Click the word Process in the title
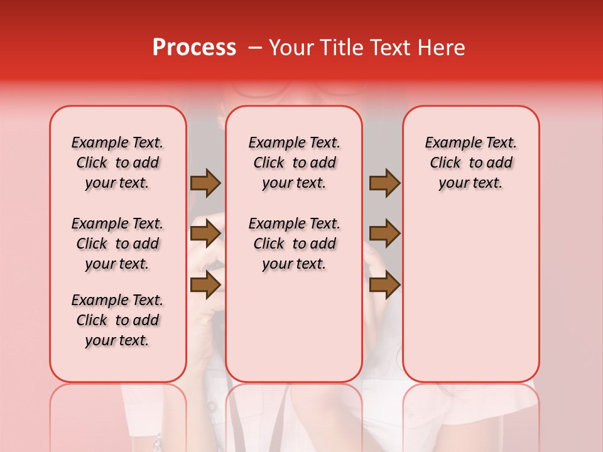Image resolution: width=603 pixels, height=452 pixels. pyautogui.click(x=194, y=48)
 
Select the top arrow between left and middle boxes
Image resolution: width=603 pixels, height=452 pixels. pyautogui.click(x=205, y=183)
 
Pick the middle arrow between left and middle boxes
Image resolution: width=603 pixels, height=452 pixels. pyautogui.click(x=205, y=234)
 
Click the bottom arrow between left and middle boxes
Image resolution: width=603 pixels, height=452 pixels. pyautogui.click(x=205, y=284)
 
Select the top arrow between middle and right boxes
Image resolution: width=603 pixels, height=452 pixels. pyautogui.click(x=384, y=183)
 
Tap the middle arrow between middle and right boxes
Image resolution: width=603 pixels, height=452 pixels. pyautogui.click(x=384, y=234)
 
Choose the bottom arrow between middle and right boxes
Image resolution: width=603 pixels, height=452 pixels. pyautogui.click(x=384, y=285)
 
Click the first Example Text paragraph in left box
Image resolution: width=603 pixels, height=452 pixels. pyautogui.click(x=117, y=163)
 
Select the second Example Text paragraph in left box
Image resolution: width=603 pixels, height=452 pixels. pyautogui.click(x=117, y=244)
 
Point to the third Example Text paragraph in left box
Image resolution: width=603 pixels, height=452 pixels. pyautogui.click(x=117, y=320)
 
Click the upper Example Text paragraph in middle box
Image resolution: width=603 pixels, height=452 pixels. pyautogui.click(x=294, y=163)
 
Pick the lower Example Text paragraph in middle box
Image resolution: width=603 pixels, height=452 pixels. pyautogui.click(x=294, y=244)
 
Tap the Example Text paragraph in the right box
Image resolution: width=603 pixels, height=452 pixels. pyautogui.click(x=471, y=163)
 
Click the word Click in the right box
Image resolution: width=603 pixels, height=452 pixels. pyautogui.click(x=445, y=163)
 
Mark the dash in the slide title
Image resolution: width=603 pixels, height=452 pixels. pyautogui.click(x=255, y=48)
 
